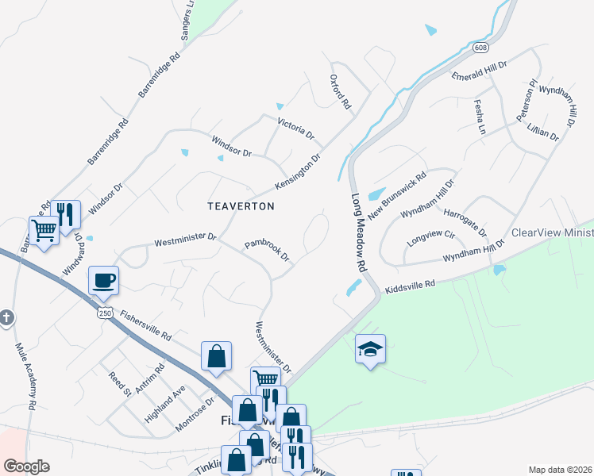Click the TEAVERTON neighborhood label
click(x=241, y=206)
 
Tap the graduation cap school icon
click(x=370, y=349)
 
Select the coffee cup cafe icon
click(x=103, y=279)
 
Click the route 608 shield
click(x=483, y=48)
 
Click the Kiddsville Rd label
click(x=410, y=284)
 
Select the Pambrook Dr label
click(x=267, y=251)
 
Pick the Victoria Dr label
click(x=295, y=129)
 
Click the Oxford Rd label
click(x=340, y=92)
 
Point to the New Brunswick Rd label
click(x=397, y=192)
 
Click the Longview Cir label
click(x=430, y=236)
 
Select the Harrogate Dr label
click(x=465, y=217)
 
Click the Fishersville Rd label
click(x=145, y=325)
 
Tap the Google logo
click(x=26, y=466)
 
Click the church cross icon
click(x=6, y=319)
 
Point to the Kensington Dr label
click(x=297, y=171)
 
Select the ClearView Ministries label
click(x=552, y=233)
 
